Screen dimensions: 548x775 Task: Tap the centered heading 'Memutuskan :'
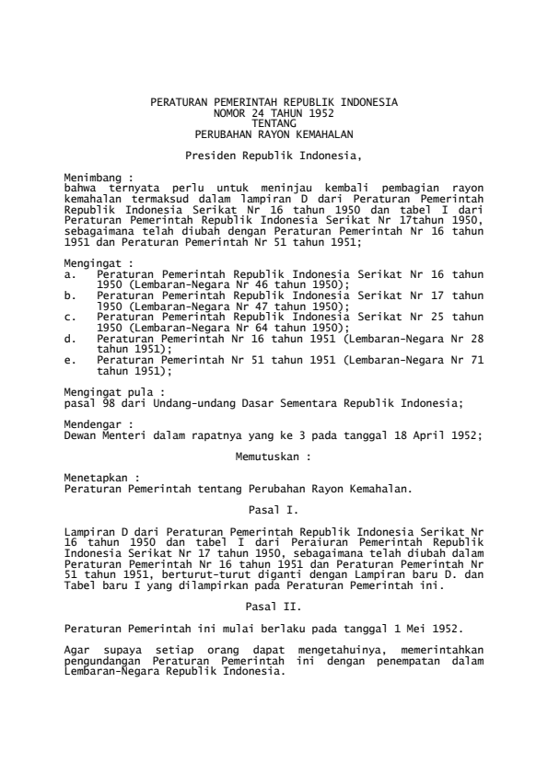(274, 456)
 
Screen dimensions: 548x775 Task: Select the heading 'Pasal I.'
(274, 509)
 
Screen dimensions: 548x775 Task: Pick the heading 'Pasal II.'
(274, 607)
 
